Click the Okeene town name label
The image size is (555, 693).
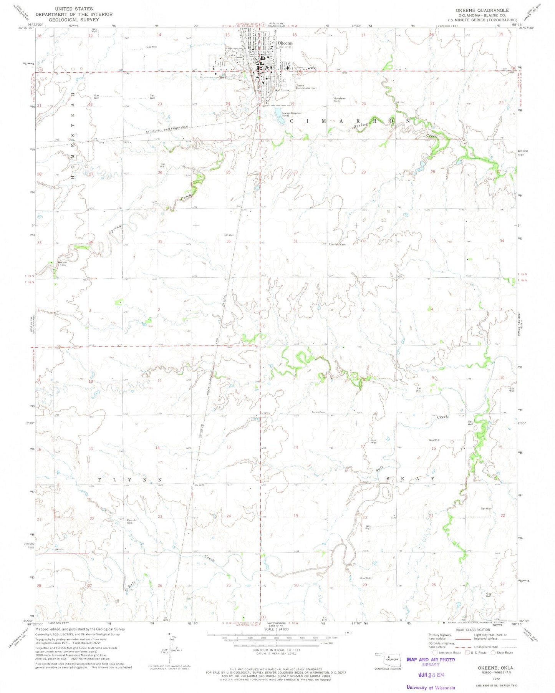coord(285,43)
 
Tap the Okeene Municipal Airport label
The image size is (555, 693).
coord(306,87)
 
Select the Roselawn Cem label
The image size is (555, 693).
coord(340,99)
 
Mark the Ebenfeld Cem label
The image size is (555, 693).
coord(336,244)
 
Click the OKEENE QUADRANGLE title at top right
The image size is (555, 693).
coord(488,10)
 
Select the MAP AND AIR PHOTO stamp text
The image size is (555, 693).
coord(431,660)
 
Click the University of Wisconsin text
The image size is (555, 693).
coord(431,688)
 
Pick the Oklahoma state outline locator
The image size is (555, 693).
coord(388,659)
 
